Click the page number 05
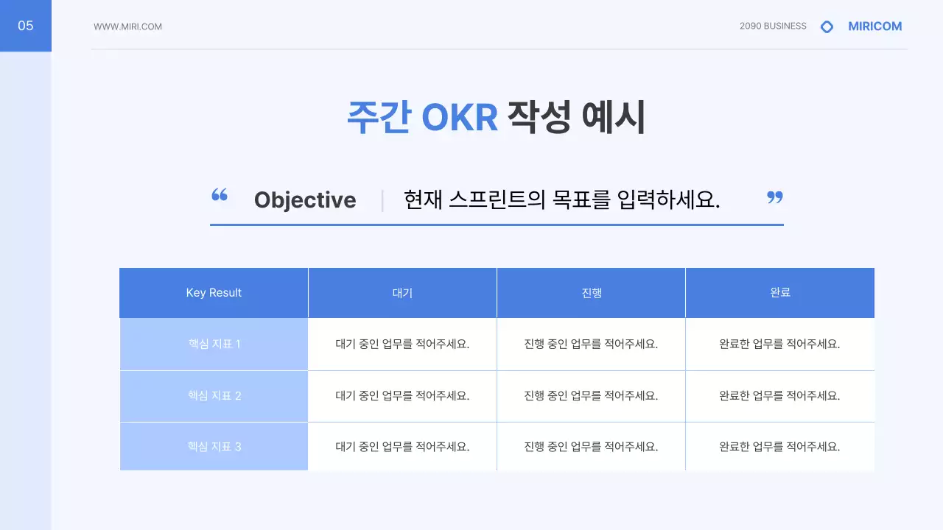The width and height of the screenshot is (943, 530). coord(26,26)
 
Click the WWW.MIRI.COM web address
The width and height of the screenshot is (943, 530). coord(127,26)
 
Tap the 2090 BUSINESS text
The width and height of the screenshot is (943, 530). coord(773,26)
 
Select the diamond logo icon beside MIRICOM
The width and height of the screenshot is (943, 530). coord(827,26)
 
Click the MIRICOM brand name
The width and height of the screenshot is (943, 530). coord(874,26)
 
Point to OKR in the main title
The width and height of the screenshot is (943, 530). coord(460,118)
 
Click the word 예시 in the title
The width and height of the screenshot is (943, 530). coord(613,118)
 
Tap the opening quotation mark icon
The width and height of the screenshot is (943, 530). coord(220,195)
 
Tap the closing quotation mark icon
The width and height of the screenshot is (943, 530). coord(774,197)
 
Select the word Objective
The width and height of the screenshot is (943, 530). coord(305,200)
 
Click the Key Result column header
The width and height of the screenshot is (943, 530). coord(214,293)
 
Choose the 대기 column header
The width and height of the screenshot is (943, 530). coord(402,293)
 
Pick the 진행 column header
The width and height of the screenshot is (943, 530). coord(591,293)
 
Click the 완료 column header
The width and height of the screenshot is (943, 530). coord(779,293)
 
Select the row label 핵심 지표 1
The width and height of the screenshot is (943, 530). coord(214,344)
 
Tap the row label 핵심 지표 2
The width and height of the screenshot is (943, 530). coord(214,396)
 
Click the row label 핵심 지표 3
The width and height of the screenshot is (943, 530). coord(214,446)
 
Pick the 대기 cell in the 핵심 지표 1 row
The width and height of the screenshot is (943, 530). coord(402,344)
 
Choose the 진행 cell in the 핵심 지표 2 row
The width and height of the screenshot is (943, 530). coord(591,396)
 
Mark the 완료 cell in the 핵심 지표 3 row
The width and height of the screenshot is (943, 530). coord(779,446)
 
